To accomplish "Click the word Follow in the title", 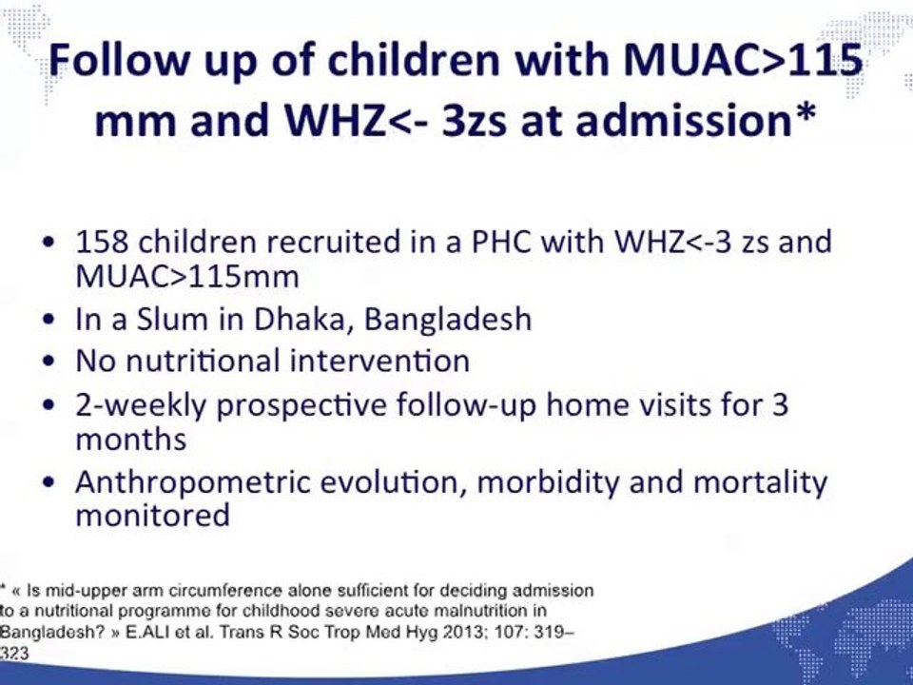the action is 120,59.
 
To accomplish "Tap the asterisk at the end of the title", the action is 806,110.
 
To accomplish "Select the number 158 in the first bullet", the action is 102,241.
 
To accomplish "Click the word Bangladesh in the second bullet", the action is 448,320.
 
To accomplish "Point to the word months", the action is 131,440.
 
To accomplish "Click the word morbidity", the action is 548,483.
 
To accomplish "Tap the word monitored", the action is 152,515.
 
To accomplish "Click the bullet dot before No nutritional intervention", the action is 50,362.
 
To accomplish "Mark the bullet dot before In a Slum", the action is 50,320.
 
